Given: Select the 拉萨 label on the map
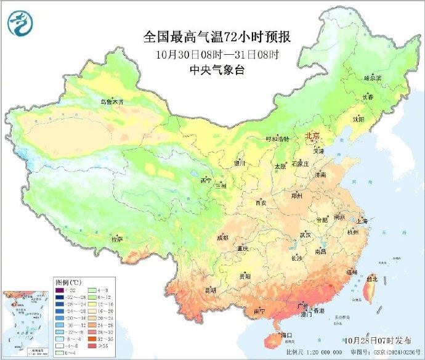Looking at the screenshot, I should [117, 238].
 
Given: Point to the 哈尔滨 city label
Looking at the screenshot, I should [373, 78].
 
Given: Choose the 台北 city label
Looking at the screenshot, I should [371, 278].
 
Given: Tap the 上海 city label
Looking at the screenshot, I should [362, 221].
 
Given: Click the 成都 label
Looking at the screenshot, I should [222, 238].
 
